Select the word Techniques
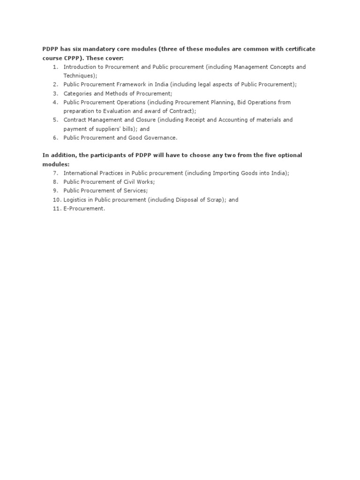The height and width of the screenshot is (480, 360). (79, 75)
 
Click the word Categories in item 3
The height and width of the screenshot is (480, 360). (77, 93)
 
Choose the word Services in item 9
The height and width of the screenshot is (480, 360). (135, 191)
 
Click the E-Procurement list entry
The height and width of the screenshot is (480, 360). (84, 209)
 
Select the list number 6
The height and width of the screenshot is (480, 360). (55, 138)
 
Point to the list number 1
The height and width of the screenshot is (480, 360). (55, 67)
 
